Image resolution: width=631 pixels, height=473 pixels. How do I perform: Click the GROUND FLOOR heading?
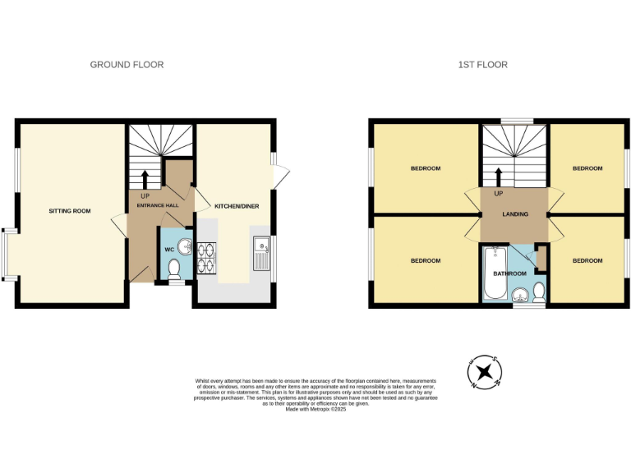tap(127, 64)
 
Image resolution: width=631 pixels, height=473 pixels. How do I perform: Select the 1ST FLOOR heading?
tap(483, 64)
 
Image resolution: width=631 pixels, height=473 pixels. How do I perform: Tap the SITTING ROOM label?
tap(69, 211)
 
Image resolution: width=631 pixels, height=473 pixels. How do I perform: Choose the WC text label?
tap(168, 248)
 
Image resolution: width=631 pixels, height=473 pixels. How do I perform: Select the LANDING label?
tap(516, 214)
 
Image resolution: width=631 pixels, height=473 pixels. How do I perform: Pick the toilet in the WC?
tap(173, 269)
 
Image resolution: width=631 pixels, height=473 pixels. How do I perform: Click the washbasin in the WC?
tap(185, 245)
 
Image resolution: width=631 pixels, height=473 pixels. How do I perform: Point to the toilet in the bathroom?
tap(539, 292)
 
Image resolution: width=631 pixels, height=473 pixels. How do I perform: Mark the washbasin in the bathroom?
tap(519, 296)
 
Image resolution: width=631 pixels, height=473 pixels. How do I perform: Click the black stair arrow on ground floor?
tap(145, 179)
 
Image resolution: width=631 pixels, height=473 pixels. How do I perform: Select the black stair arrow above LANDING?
tap(498, 177)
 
